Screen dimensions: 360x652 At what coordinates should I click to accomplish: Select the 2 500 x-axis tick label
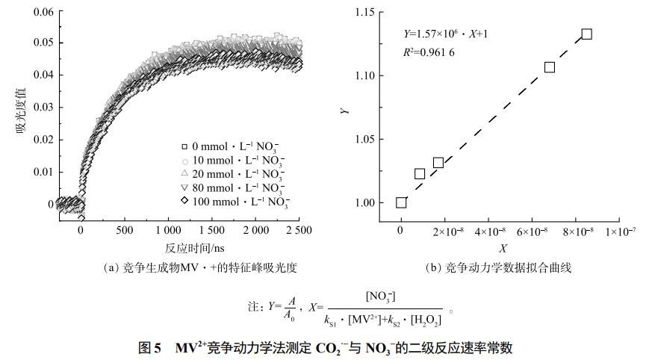tap(298, 231)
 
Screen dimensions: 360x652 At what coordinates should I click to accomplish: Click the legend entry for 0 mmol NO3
tap(232, 146)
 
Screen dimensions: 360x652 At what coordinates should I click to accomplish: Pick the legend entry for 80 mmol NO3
tap(232, 187)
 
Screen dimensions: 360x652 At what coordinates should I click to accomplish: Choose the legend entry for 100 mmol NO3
tap(232, 202)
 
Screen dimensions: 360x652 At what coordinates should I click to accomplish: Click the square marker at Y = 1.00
tap(401, 202)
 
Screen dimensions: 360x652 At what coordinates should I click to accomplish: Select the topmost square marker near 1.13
tap(587, 34)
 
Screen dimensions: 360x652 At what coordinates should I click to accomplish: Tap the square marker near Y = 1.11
tap(550, 67)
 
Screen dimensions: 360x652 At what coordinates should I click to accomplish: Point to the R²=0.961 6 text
tap(429, 52)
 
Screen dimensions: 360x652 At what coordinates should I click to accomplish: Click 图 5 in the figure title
tap(150, 348)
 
